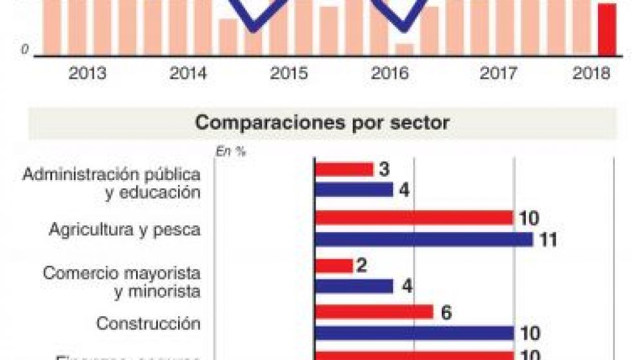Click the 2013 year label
[88, 74]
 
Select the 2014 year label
[188, 74]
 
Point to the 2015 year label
[289, 74]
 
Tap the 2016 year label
[390, 74]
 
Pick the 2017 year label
[498, 74]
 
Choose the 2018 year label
[591, 74]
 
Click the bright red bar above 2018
[607, 30]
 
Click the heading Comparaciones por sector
[322, 123]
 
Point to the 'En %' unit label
[231, 152]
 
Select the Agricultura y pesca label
[125, 230]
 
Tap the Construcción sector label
[148, 323]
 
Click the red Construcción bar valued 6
[374, 312]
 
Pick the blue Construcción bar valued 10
[414, 333]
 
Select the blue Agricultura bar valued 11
[424, 239]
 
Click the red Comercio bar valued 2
[334, 266]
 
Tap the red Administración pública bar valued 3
[345, 169]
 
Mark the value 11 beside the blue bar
[548, 240]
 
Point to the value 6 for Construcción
[445, 313]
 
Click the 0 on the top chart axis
[25, 49]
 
